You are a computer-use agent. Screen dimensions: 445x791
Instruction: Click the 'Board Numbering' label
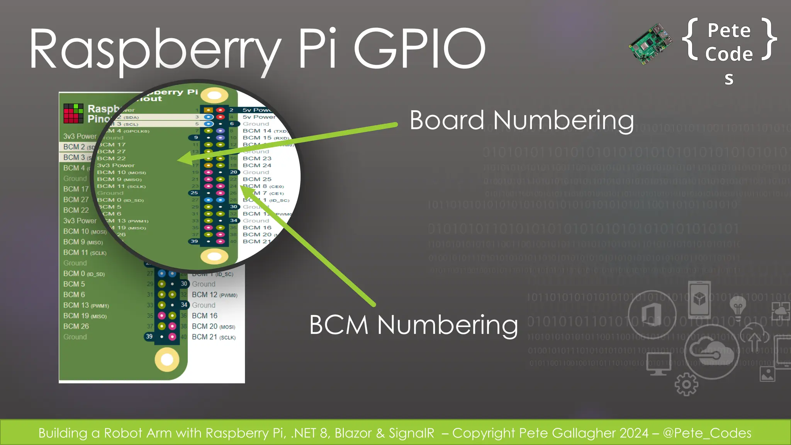(x=521, y=121)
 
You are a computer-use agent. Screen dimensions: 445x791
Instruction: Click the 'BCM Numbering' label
(x=413, y=325)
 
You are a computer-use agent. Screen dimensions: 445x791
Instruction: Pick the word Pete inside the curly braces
(x=729, y=31)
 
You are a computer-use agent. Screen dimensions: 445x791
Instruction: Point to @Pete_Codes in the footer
(x=707, y=433)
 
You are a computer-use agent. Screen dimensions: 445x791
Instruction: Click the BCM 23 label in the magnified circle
(x=257, y=158)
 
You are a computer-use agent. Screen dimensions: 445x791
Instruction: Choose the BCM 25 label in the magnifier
(x=257, y=179)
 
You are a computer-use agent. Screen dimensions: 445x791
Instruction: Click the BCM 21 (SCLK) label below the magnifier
(x=213, y=337)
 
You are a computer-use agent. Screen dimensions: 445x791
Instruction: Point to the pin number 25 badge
(x=194, y=193)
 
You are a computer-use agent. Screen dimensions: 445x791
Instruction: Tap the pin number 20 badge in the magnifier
(x=233, y=172)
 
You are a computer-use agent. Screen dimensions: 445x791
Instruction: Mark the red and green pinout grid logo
(x=73, y=113)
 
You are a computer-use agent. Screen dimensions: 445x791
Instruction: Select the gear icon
(x=686, y=384)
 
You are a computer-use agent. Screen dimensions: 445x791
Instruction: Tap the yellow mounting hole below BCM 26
(x=167, y=359)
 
